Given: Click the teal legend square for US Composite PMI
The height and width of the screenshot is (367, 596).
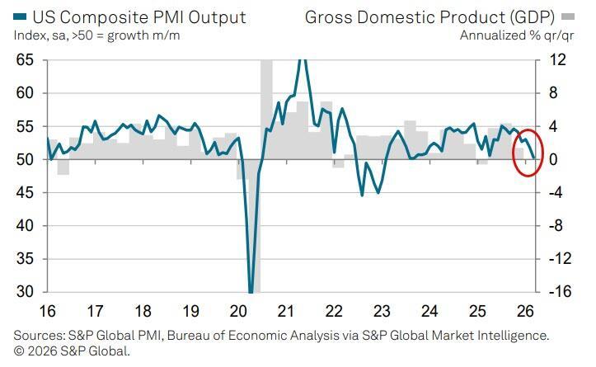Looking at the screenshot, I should click(x=20, y=16).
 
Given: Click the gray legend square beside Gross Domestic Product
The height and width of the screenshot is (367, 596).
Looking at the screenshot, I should click(x=568, y=16).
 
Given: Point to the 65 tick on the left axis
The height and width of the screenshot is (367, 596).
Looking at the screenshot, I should click(x=24, y=60).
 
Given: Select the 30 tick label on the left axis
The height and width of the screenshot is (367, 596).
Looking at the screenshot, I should click(x=24, y=292).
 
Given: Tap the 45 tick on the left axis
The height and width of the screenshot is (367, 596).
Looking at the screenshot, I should click(x=24, y=193).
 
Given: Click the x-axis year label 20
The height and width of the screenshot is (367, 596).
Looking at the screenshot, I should click(x=239, y=312).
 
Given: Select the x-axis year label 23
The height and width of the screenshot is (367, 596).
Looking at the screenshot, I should click(x=382, y=312).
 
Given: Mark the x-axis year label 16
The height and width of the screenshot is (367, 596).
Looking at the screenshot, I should click(x=48, y=312).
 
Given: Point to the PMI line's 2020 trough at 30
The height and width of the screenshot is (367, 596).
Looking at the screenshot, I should click(x=251, y=290).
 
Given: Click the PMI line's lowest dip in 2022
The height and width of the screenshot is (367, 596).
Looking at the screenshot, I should click(x=362, y=195).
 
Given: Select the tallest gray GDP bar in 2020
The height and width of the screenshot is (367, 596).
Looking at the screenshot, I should click(x=267, y=91).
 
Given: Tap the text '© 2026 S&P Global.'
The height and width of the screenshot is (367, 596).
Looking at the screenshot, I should click(x=72, y=351).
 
